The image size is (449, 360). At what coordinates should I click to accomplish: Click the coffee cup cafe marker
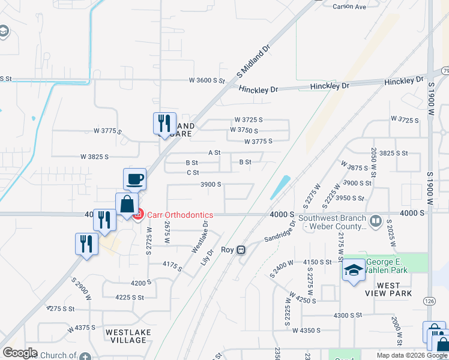pos(134,179)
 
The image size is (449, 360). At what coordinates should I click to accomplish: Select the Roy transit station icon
pos(241,250)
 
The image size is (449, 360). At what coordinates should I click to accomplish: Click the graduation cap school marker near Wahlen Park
pos(354,270)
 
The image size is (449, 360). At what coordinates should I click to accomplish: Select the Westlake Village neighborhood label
pos(126,336)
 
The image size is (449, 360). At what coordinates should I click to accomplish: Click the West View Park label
pos(389,289)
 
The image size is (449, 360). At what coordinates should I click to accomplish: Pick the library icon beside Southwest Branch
pos(376,220)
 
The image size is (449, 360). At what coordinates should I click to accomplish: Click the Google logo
pos(20,353)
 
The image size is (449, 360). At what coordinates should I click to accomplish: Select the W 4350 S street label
pos(312,330)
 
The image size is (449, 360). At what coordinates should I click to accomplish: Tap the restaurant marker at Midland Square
pos(164,124)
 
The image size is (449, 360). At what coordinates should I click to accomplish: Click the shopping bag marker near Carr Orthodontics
pos(127,204)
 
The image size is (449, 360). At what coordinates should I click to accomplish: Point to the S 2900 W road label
pos(81,289)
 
